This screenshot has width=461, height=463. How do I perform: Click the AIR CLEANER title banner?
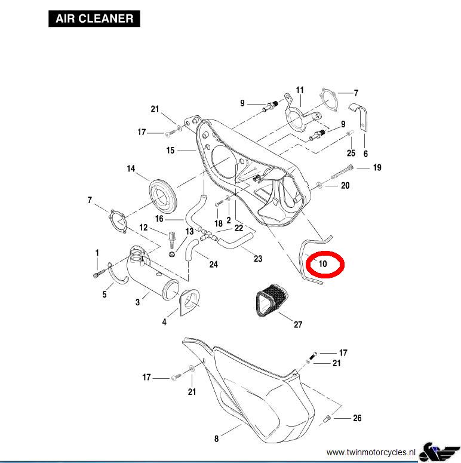click(x=94, y=19)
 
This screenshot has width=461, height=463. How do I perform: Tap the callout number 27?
click(x=298, y=324)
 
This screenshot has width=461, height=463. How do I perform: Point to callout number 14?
click(x=131, y=169)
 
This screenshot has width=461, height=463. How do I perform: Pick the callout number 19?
click(x=377, y=168)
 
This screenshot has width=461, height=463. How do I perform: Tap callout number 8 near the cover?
click(x=216, y=439)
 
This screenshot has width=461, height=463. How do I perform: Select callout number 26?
click(x=357, y=418)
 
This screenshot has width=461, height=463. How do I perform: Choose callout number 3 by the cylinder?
click(x=138, y=302)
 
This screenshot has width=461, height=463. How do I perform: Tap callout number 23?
click(x=258, y=259)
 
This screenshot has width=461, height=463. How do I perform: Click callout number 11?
click(x=300, y=90)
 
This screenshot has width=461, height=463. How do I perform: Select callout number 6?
click(x=365, y=154)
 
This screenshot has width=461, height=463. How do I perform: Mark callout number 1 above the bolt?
click(x=97, y=253)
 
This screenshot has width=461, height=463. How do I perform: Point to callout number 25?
click(x=351, y=154)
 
